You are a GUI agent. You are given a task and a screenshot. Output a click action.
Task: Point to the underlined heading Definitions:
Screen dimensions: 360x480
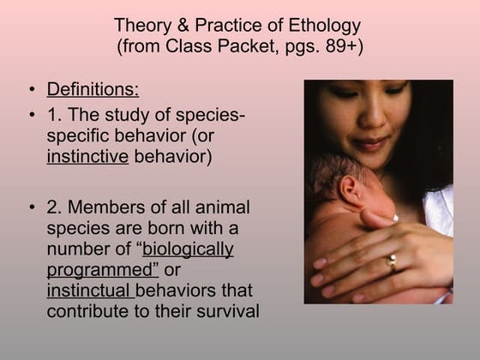coord(93,90)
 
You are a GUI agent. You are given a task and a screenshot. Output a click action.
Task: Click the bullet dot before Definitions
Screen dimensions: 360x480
coord(32,91)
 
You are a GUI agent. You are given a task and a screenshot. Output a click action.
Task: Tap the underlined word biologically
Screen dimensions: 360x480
coord(188,249)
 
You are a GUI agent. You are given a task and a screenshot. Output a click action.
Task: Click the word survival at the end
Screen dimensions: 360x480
coord(226,311)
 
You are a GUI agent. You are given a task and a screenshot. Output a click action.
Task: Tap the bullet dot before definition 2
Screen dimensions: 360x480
coord(32,209)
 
